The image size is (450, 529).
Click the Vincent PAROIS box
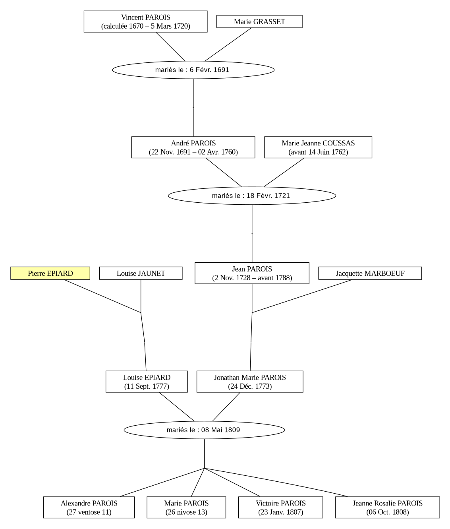[x=145, y=21]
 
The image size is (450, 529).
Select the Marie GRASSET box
[x=259, y=21]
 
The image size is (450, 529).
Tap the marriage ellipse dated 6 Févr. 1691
[x=193, y=70]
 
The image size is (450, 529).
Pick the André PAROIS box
[x=193, y=147]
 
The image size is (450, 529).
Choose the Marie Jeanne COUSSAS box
[x=318, y=147]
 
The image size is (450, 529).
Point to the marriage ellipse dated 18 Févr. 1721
[x=252, y=196]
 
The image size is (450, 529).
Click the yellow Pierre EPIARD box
[x=50, y=273]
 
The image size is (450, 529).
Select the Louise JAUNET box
[x=141, y=273]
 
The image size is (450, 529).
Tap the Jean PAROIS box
[x=252, y=273]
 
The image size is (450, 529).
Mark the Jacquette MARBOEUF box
[x=370, y=273]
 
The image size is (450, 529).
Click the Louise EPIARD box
[x=147, y=382]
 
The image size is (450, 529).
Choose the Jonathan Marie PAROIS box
[x=250, y=382]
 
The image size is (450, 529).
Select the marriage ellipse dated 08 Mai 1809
[x=205, y=430]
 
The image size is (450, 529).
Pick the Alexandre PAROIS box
[x=89, y=508]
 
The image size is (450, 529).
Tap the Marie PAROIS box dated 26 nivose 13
[x=186, y=508]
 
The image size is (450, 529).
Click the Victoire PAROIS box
[x=281, y=508]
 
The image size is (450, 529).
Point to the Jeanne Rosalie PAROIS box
[x=388, y=508]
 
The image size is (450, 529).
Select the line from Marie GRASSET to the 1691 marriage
[x=228, y=45]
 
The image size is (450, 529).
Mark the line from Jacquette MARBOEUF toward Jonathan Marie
[x=302, y=296]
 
